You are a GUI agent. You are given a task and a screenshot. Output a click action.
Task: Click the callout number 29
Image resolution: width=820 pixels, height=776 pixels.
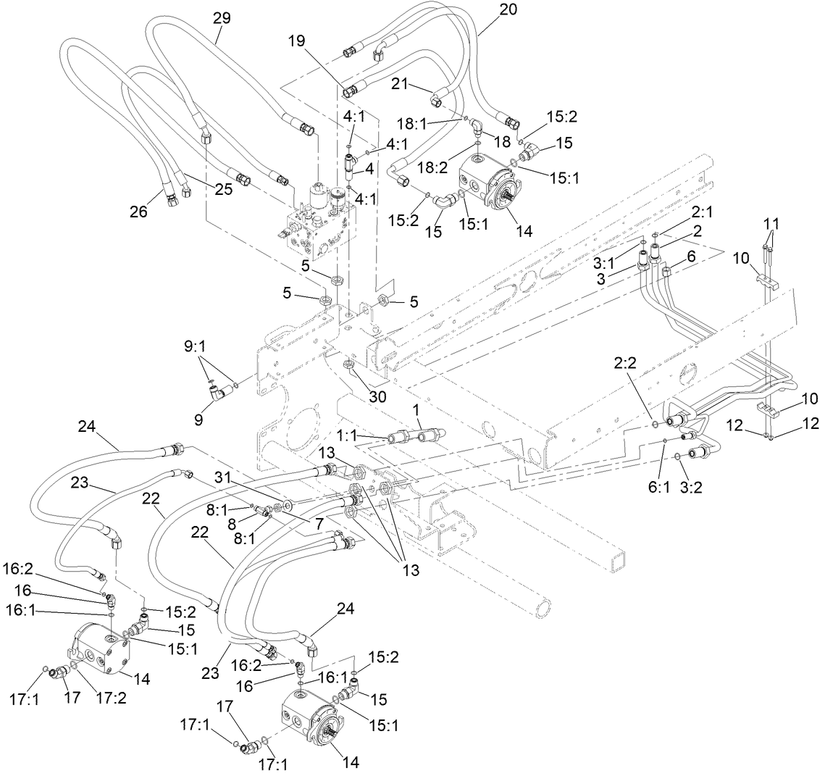pyautogui.click(x=222, y=18)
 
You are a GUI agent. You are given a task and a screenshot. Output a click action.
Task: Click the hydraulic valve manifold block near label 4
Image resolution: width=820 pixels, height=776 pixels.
pyautogui.click(x=319, y=220)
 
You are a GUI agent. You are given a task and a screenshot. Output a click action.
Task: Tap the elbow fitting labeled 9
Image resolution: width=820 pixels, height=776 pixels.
pyautogui.click(x=219, y=393)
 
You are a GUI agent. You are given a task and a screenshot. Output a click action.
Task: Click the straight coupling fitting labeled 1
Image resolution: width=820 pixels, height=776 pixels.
pyautogui.click(x=409, y=438)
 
